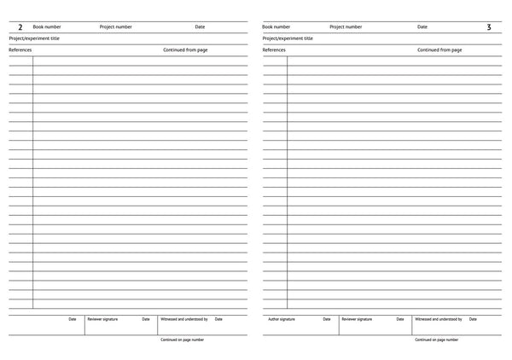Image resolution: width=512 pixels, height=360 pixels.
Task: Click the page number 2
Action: click(x=20, y=28)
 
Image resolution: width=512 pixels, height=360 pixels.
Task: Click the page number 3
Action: click(x=489, y=28)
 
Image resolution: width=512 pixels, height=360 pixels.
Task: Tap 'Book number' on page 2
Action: click(x=47, y=27)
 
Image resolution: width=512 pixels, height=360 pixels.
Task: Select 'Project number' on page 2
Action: click(x=116, y=27)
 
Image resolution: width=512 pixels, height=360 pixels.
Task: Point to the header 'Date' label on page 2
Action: click(x=200, y=27)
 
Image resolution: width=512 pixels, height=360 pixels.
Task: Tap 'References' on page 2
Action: click(x=20, y=50)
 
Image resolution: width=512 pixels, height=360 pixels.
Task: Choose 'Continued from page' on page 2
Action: click(x=185, y=50)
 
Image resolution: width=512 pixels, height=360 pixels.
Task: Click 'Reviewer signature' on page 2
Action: click(x=102, y=319)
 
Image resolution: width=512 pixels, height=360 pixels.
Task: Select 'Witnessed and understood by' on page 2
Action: click(x=184, y=319)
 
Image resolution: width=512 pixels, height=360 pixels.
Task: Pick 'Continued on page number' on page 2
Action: click(x=182, y=340)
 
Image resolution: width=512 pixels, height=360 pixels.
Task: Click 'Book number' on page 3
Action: click(x=276, y=27)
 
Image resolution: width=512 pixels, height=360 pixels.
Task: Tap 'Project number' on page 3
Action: click(x=346, y=27)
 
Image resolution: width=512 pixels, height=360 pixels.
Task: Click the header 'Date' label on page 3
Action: click(x=422, y=27)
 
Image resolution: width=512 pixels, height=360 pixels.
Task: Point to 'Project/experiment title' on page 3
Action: click(x=288, y=38)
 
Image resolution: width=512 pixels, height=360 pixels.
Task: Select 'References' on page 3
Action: click(x=274, y=50)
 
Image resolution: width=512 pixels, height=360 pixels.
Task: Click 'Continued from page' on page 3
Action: click(x=439, y=50)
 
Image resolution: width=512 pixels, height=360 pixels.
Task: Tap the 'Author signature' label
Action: click(x=281, y=319)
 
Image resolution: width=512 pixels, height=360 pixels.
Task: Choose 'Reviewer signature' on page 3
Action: click(x=357, y=319)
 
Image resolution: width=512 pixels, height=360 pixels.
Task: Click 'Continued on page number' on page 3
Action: click(x=436, y=340)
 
